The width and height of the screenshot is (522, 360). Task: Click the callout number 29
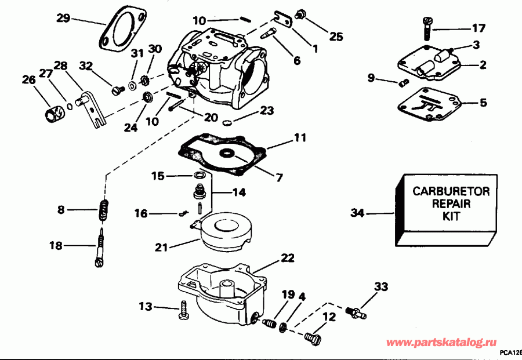click(63, 18)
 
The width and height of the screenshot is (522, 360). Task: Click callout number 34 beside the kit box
click(358, 213)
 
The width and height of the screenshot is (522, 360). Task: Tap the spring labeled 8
click(104, 210)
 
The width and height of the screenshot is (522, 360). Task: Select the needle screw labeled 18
click(99, 248)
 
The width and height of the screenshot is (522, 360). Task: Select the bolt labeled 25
click(301, 13)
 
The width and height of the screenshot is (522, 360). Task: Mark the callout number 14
click(239, 191)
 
